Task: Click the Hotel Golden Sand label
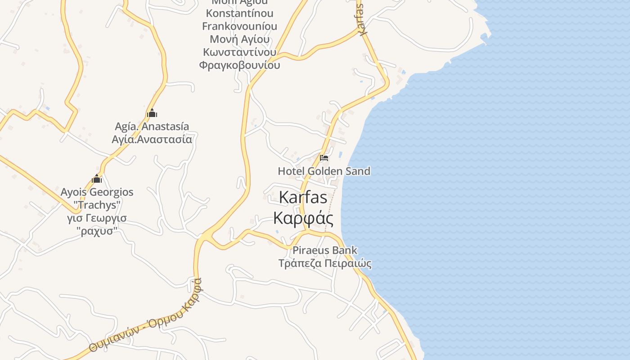coord(324,171)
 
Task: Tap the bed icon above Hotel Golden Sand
coord(324,158)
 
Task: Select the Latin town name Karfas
coord(303,197)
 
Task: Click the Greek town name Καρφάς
coord(303,218)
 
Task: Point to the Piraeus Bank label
coord(324,250)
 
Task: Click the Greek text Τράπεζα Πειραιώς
coord(325,263)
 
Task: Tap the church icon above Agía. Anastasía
coord(152,113)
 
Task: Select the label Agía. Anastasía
coord(152,126)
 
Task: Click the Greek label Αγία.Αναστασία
coord(152,139)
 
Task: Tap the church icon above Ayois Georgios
coord(97,179)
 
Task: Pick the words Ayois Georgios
coord(97,192)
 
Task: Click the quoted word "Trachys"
coord(97,205)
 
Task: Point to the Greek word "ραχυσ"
coord(97,231)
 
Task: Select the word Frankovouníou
coord(239,26)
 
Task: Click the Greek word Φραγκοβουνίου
coord(239,65)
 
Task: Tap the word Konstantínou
coord(239,13)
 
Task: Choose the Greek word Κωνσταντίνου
coord(239,52)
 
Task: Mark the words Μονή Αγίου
coord(239,39)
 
